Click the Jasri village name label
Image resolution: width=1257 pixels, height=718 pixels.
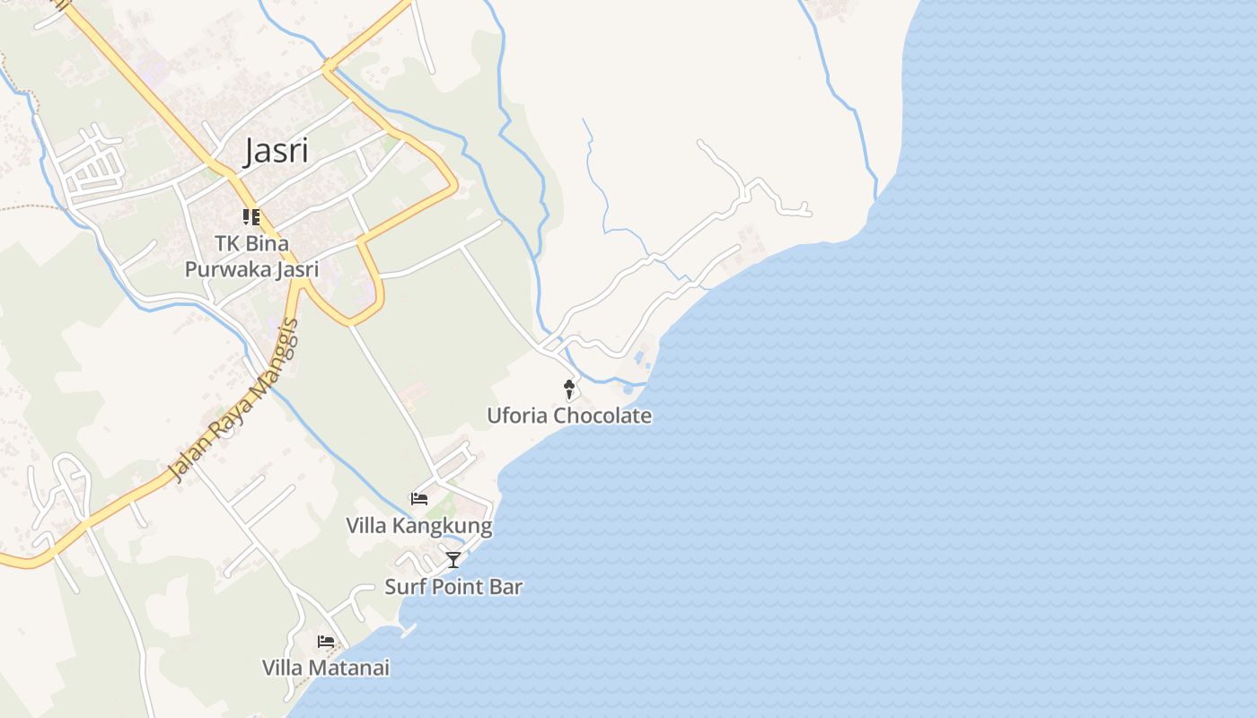point(277,151)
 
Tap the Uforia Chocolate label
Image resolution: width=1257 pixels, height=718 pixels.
point(569,416)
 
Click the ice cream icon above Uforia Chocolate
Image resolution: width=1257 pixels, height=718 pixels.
point(568,389)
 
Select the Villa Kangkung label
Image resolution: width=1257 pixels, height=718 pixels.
point(419,526)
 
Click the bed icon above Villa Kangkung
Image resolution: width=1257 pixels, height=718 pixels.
point(418,498)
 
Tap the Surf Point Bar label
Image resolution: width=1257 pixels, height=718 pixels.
point(453,587)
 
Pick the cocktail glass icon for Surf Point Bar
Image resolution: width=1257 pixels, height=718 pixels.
point(453,560)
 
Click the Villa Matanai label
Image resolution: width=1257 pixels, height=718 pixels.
point(326,668)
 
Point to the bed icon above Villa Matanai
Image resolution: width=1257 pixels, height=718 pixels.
point(326,642)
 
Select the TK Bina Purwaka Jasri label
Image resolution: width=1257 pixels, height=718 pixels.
point(251,256)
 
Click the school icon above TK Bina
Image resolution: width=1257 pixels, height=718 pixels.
point(251,216)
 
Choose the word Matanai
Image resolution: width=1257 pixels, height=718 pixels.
point(349,668)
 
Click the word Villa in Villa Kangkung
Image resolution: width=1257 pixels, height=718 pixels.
point(365,526)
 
